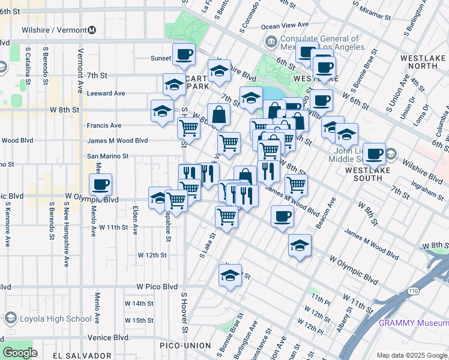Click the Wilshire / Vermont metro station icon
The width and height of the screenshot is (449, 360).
[x=92, y=30]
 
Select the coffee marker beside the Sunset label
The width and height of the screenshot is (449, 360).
[x=184, y=55]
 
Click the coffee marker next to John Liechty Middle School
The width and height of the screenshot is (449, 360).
[x=374, y=154]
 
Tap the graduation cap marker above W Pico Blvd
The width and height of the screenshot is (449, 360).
[x=230, y=275]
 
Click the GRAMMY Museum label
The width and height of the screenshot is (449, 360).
[x=413, y=323]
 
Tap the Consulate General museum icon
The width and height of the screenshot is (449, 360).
[x=271, y=42]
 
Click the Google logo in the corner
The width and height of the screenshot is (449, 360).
[x=20, y=353]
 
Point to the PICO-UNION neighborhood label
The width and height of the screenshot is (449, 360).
[x=185, y=346]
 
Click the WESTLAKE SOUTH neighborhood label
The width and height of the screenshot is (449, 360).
[x=373, y=170]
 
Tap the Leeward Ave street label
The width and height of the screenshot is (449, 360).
[x=106, y=94]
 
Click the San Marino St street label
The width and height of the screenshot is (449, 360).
[x=108, y=156]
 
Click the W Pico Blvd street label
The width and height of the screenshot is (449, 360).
[x=157, y=287]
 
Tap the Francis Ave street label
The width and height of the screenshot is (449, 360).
[x=104, y=125]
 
